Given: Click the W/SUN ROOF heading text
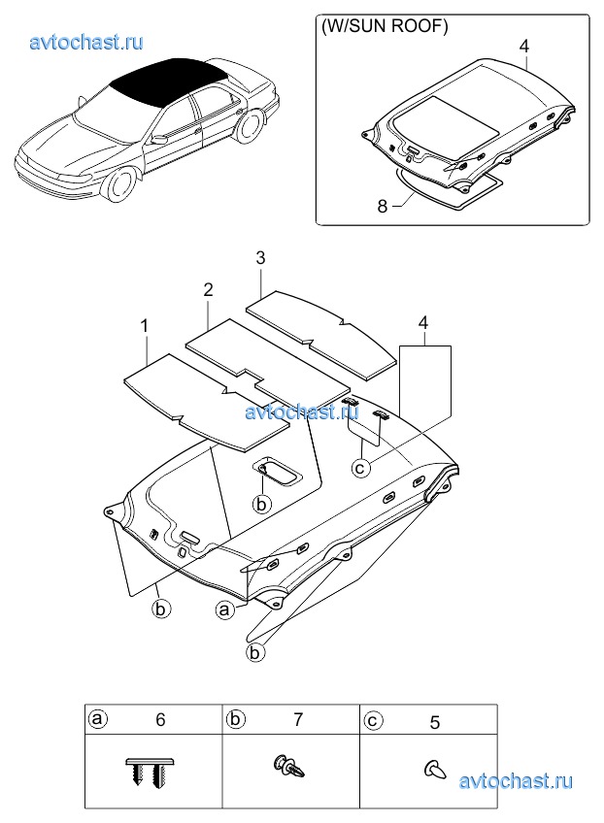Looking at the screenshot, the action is pyautogui.click(x=385, y=26).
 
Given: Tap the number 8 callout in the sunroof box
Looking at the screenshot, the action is pyautogui.click(x=383, y=207).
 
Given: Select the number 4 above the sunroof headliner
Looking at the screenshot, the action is pyautogui.click(x=524, y=47).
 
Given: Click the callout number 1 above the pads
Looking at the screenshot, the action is pyautogui.click(x=145, y=326).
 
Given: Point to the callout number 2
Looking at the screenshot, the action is pyautogui.click(x=208, y=289).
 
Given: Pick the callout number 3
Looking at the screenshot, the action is pyautogui.click(x=260, y=258).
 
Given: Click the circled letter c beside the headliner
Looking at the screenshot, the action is pyautogui.click(x=360, y=467).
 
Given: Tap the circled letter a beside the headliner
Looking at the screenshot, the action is pyautogui.click(x=224, y=609).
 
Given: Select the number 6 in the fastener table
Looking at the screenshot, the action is pyautogui.click(x=161, y=719).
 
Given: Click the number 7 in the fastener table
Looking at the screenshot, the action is pyautogui.click(x=298, y=719).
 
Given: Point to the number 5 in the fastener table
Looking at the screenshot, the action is pyautogui.click(x=435, y=723).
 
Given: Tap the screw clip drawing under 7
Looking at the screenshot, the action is pyautogui.click(x=288, y=768).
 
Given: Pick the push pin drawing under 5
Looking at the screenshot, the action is pyautogui.click(x=435, y=770).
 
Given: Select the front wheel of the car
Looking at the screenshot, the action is pyautogui.click(x=120, y=185).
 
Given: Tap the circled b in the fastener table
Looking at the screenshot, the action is pyautogui.click(x=235, y=719).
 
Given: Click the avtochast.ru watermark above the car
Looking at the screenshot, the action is pyautogui.click(x=86, y=42).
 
